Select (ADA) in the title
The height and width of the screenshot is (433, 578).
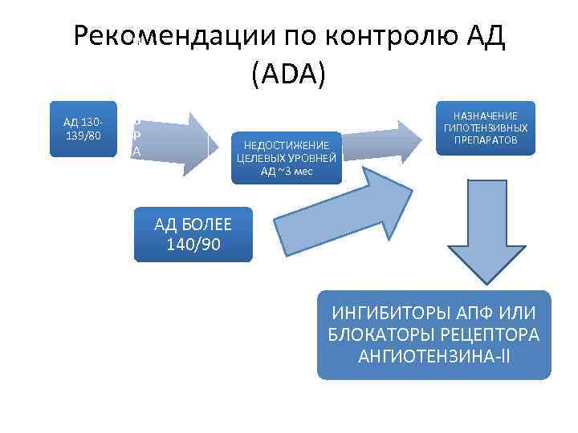pos(288,75)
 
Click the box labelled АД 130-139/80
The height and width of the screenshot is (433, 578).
pos(83,129)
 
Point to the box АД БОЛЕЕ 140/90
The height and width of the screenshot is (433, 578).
pos(193,234)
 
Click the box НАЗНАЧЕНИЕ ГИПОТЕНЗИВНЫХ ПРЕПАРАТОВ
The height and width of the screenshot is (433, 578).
pos(486,128)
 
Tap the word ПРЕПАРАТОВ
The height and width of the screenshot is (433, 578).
pos(486,140)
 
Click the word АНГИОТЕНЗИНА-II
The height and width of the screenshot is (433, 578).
pos(434,353)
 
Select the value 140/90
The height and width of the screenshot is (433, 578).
pos(193,244)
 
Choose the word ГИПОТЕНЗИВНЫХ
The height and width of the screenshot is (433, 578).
pos(486,128)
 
